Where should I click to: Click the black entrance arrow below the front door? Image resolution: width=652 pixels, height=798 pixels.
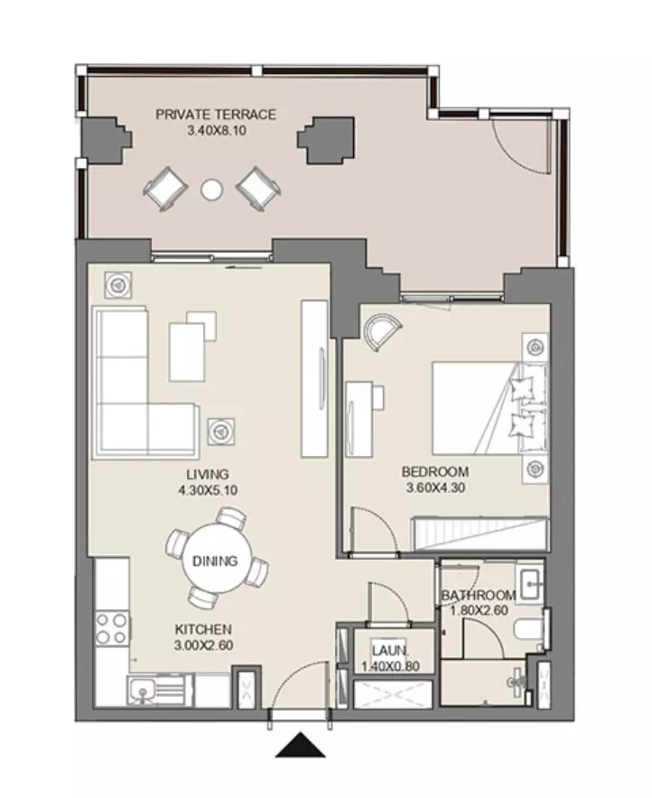pos(301,745)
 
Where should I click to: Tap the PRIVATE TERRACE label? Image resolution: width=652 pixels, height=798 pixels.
pos(216,115)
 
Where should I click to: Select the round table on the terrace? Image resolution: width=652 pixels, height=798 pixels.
pos(211,190)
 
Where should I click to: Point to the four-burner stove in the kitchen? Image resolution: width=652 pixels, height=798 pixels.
pos(112,628)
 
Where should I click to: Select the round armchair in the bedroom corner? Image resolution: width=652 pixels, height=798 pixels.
pos(381,331)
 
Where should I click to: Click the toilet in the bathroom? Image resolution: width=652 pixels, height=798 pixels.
pos(529,629)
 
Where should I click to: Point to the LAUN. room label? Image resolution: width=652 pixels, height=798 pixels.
pos(389,650)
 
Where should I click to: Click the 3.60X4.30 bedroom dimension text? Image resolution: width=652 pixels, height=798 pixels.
pos(435,487)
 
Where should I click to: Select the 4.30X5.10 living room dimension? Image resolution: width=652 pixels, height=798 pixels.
pos(208,490)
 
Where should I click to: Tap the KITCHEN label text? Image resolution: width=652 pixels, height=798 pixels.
pos(203,629)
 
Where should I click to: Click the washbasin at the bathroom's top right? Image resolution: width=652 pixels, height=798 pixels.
pos(530,582)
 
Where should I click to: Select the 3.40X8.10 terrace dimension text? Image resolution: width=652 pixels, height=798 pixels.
pos(217,130)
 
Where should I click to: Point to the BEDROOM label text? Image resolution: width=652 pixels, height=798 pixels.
pos(435,472)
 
